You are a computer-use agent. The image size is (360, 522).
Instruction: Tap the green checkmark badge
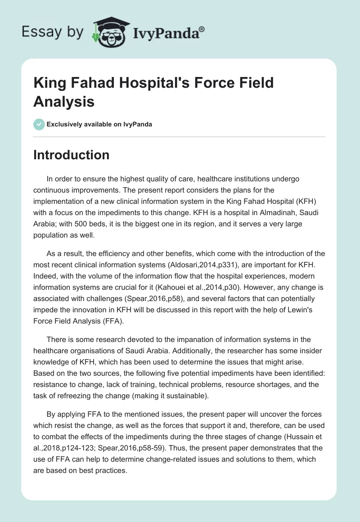click(x=39, y=124)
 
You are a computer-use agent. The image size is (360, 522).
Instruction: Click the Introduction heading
click(x=71, y=155)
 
